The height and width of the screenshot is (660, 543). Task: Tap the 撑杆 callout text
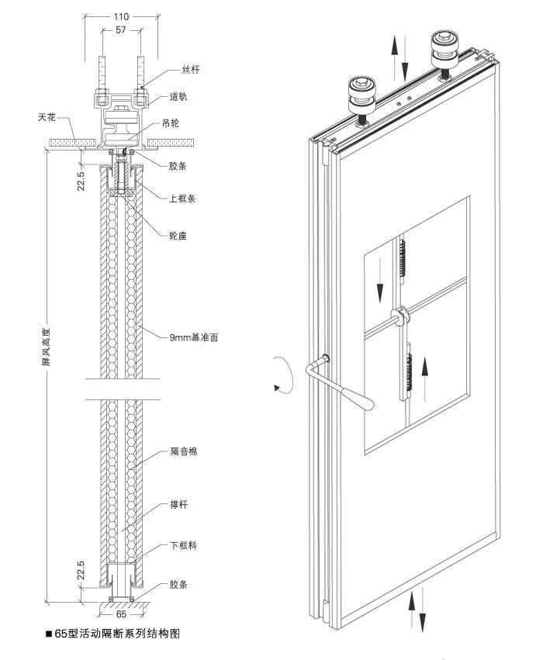[x=179, y=504]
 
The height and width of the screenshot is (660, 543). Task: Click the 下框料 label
[x=183, y=546]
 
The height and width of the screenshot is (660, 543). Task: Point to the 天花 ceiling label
[x=47, y=117]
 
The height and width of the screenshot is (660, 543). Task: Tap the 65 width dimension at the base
[x=123, y=612]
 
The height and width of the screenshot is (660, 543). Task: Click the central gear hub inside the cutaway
[x=401, y=314]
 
